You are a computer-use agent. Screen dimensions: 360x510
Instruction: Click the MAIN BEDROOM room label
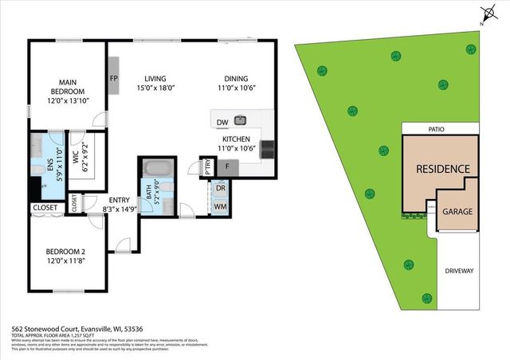[66, 85]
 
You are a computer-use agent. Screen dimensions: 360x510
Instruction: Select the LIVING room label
[155, 78]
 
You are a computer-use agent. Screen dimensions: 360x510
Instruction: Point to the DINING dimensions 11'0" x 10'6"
[236, 89]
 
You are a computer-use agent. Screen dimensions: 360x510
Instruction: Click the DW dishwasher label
[222, 122]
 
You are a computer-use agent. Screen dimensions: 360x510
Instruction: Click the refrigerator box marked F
[228, 166]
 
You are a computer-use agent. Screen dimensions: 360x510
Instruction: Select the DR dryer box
[220, 190]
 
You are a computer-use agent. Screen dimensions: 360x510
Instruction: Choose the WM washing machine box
[220, 206]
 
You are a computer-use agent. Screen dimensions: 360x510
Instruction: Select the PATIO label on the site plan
[434, 127]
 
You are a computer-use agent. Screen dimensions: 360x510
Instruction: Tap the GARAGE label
[457, 213]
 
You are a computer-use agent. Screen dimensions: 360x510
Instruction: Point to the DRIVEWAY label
[459, 271]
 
